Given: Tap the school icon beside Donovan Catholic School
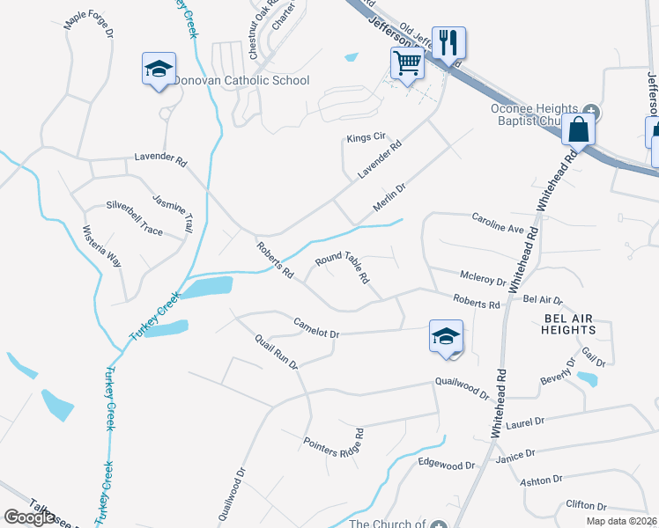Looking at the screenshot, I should pyautogui.click(x=159, y=69).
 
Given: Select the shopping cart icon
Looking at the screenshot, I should pyautogui.click(x=406, y=62).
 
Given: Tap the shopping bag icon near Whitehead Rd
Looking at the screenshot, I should pyautogui.click(x=578, y=128).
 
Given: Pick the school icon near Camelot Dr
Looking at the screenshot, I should pyautogui.click(x=446, y=336).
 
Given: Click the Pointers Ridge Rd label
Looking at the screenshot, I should pyautogui.click(x=334, y=445).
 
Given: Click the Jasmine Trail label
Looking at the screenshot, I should pyautogui.click(x=173, y=213).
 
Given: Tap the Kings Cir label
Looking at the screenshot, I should pyautogui.click(x=367, y=138).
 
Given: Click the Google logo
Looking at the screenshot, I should pyautogui.click(x=30, y=517).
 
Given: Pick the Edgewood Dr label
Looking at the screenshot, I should pyautogui.click(x=446, y=463).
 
